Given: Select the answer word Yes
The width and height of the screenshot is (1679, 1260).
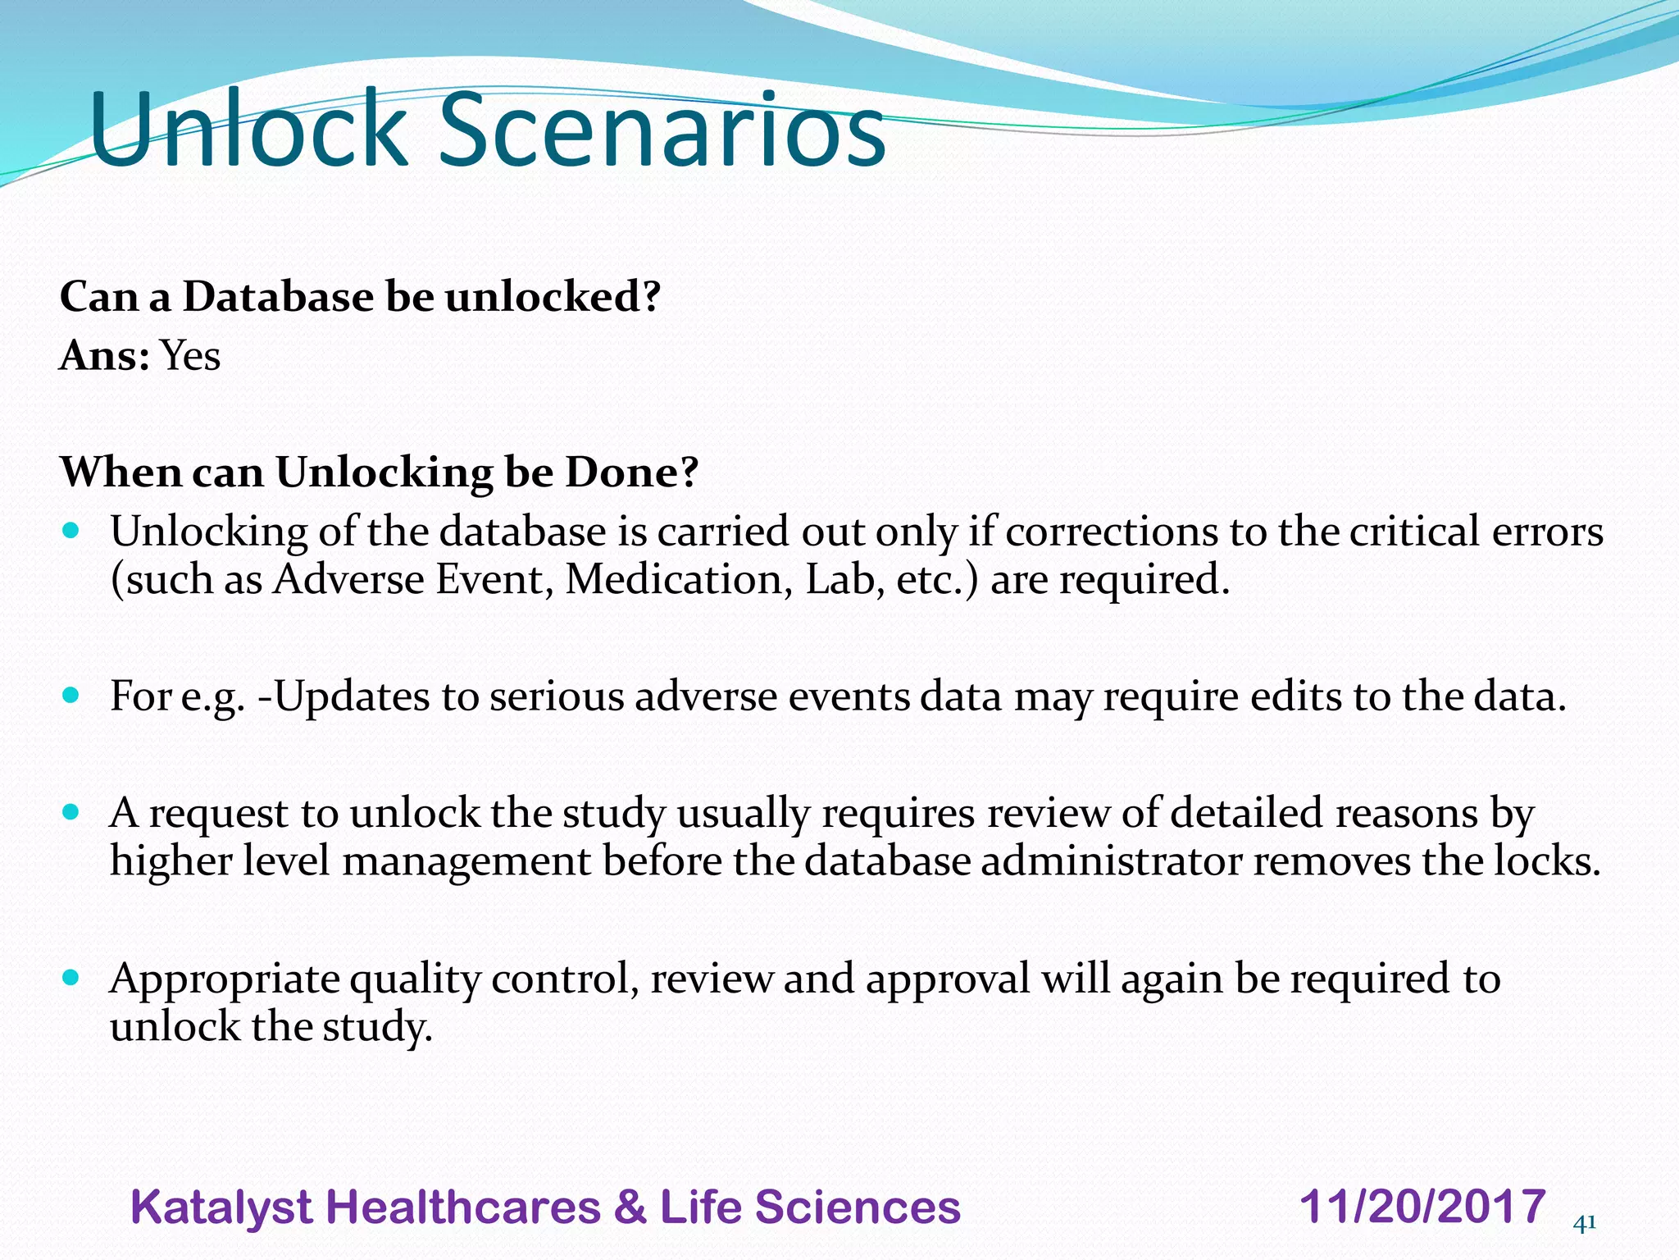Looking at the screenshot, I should [x=190, y=356].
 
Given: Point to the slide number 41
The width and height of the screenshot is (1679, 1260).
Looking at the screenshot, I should [x=1585, y=1223].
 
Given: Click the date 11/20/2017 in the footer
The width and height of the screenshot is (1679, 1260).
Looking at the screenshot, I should [x=1422, y=1207].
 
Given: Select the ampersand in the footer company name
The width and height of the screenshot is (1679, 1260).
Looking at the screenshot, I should [x=630, y=1207].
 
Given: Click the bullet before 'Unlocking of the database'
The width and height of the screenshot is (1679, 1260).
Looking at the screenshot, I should [x=71, y=531].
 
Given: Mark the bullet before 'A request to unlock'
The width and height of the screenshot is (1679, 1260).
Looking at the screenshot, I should [x=71, y=813].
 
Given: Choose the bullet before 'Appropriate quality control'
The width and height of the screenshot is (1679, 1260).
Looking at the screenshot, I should [x=71, y=978].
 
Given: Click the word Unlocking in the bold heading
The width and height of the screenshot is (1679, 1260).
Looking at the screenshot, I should [x=384, y=473].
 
